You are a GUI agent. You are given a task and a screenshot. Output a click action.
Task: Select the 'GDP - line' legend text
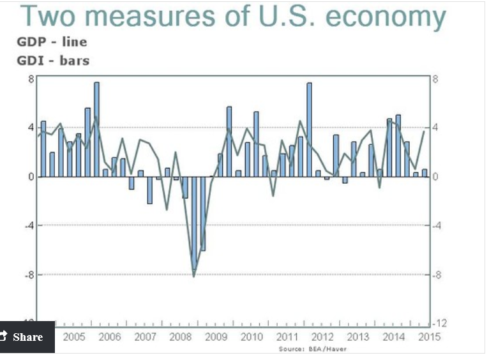(51, 42)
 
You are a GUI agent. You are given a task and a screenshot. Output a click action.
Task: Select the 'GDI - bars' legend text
(53, 61)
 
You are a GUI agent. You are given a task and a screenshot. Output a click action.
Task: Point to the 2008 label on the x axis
(181, 336)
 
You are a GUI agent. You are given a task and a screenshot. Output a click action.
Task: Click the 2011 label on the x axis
(287, 336)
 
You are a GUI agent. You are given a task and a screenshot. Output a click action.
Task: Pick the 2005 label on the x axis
(74, 336)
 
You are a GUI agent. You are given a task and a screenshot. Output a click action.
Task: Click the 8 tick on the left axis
(30, 79)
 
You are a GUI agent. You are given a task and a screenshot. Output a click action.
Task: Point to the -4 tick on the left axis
(29, 226)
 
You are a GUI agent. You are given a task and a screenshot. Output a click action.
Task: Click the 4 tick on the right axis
(436, 128)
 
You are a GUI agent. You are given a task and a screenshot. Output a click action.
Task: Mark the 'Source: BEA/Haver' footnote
(313, 349)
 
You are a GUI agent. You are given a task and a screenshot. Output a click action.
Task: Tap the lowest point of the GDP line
(193, 276)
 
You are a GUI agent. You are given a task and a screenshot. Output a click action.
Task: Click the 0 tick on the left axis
(30, 177)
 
